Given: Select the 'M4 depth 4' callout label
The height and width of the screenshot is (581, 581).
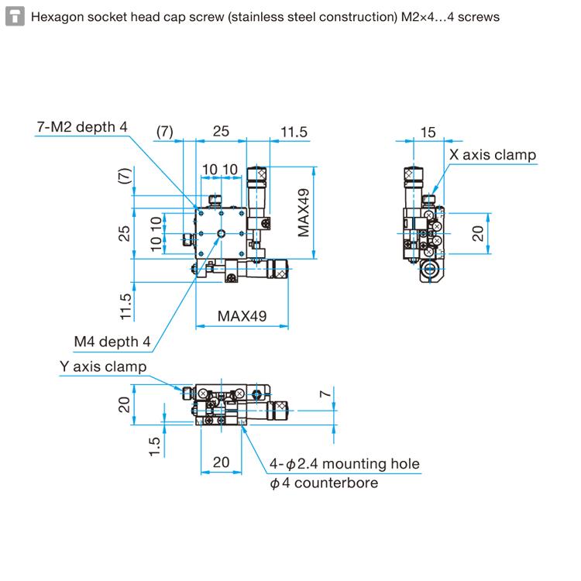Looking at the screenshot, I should point(112,342).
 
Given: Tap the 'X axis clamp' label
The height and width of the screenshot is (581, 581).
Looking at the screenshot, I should point(493,155).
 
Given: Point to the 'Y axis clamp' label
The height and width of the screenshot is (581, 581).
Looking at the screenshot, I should point(103,366).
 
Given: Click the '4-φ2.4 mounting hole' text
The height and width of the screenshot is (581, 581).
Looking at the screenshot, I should point(345,464).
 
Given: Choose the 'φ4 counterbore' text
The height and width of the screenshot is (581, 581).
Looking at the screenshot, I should point(324,483).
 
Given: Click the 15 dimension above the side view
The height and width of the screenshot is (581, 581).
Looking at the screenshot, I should point(428,132).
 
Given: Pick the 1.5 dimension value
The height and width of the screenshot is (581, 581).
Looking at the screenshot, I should point(153,446).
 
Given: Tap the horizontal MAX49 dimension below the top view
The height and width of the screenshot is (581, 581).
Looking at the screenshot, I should point(242,315).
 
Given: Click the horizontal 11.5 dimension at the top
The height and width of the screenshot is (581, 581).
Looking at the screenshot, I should point(294,132).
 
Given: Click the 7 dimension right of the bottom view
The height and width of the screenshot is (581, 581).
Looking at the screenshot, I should point(326,394).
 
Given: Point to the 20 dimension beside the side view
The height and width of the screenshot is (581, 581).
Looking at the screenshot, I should point(478,233).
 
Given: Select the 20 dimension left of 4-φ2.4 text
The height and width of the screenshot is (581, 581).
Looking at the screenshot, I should point(221,462).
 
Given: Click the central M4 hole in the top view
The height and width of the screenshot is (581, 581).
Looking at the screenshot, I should point(222,232).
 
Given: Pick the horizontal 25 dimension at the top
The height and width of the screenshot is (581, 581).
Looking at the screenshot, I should point(221,132).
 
